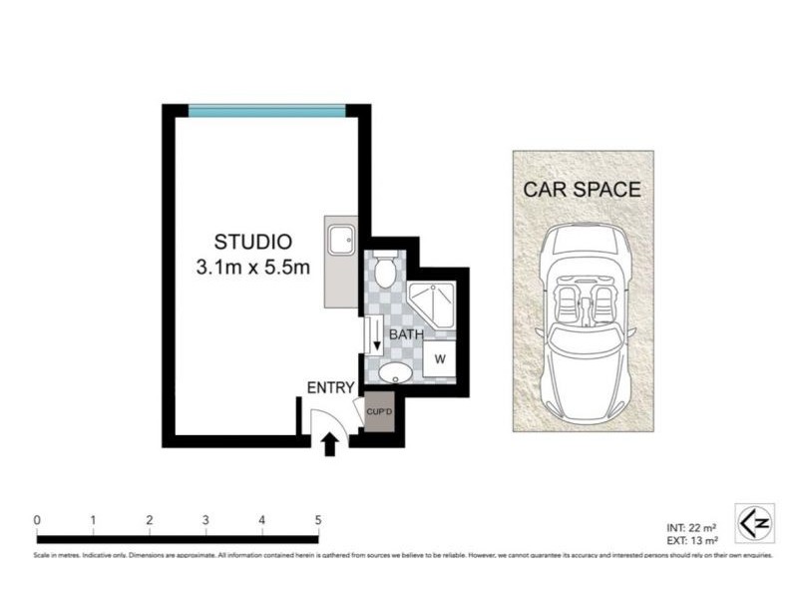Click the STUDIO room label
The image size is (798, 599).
point(253,242)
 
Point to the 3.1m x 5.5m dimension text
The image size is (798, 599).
point(253,267)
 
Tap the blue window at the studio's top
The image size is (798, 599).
point(267,110)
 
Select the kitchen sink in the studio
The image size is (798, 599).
point(341,240)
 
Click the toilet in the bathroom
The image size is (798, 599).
point(387,267)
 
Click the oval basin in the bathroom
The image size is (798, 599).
point(394,374)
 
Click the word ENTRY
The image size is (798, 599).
point(328,387)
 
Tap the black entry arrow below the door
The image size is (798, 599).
point(330,444)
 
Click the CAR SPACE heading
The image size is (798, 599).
point(583,190)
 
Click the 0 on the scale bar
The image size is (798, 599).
point(37,519)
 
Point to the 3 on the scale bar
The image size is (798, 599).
point(205,519)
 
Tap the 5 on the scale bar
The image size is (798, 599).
point(318,519)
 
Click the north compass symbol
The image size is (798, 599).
point(755,522)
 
